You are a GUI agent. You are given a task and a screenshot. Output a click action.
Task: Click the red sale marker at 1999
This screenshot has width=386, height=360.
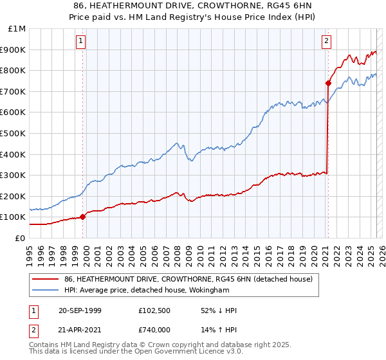(x=83, y=217)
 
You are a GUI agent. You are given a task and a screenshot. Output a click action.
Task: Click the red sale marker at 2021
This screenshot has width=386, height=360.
(x=328, y=83)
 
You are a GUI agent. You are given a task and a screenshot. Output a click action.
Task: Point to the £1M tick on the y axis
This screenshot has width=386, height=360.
(x=17, y=29)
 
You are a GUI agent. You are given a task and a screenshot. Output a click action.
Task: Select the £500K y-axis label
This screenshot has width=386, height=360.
(x=14, y=133)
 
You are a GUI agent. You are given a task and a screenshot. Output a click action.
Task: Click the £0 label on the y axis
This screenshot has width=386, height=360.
(x=20, y=238)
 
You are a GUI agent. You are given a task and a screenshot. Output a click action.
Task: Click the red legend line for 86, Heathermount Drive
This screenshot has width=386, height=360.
(x=45, y=279)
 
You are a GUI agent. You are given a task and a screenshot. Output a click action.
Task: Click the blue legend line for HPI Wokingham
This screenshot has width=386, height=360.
(x=45, y=290)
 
